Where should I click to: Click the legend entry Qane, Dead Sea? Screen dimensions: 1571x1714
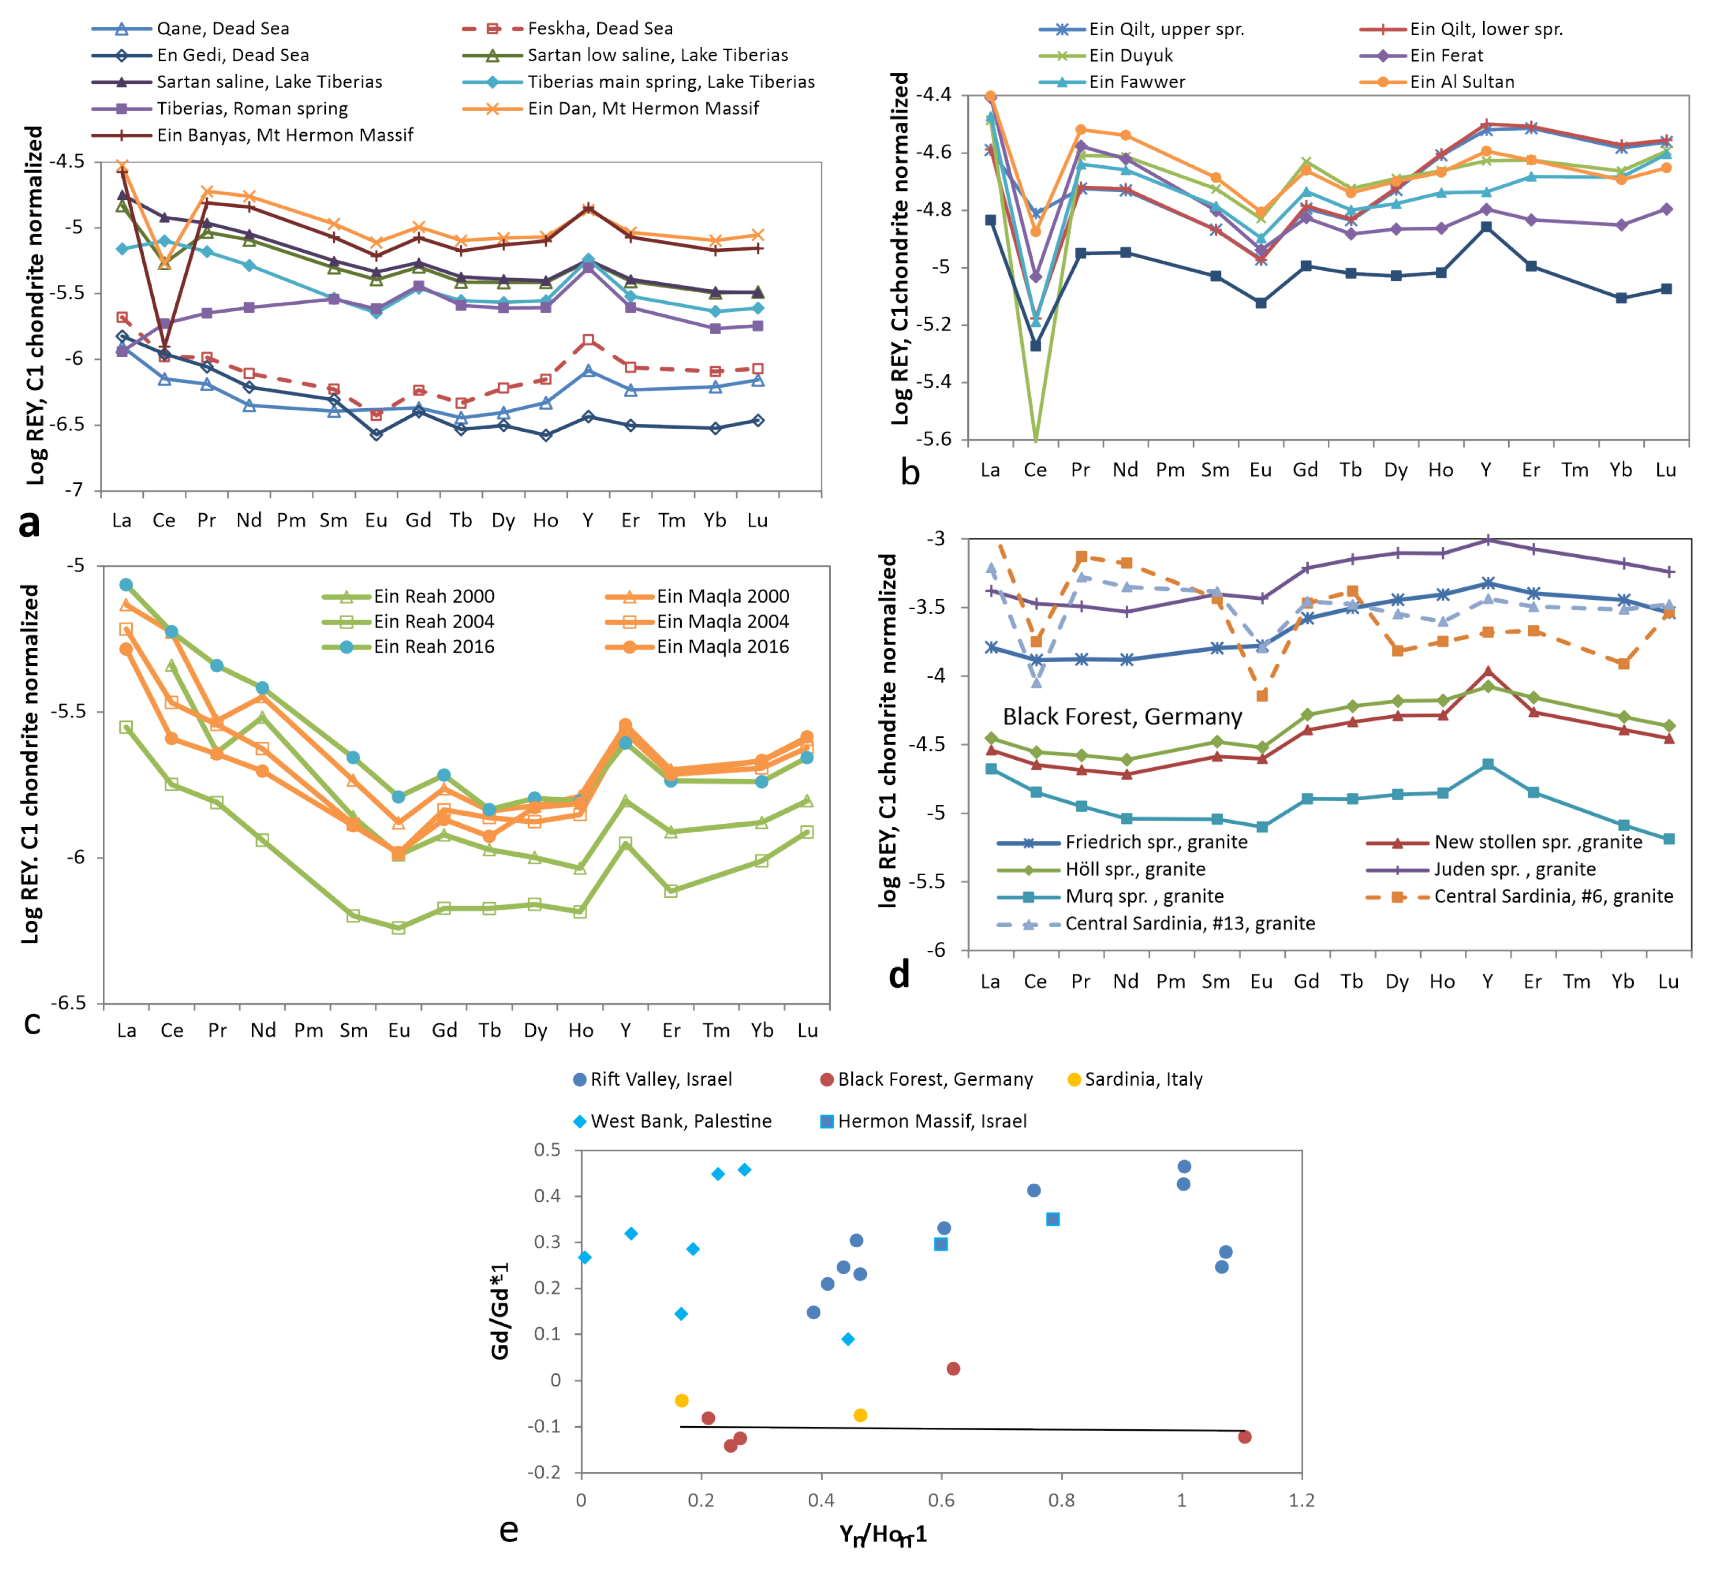click(x=223, y=29)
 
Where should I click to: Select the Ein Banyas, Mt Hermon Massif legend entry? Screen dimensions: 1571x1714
click(x=285, y=135)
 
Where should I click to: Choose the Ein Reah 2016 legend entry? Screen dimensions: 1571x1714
click(x=433, y=647)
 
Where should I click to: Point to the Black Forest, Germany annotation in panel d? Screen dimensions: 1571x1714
click(x=1122, y=717)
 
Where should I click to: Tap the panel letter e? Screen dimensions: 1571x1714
click(x=509, y=1530)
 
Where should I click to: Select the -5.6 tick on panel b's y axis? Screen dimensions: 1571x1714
click(x=934, y=440)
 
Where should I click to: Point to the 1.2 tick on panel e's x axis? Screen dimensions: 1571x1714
click(x=1302, y=1501)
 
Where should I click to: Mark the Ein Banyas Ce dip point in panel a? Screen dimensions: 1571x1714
click(x=164, y=349)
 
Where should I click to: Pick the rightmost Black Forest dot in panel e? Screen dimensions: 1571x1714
click(x=1245, y=1437)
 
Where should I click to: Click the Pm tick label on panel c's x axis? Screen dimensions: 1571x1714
click(x=309, y=1031)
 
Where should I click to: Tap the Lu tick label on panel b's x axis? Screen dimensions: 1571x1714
click(x=1666, y=470)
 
